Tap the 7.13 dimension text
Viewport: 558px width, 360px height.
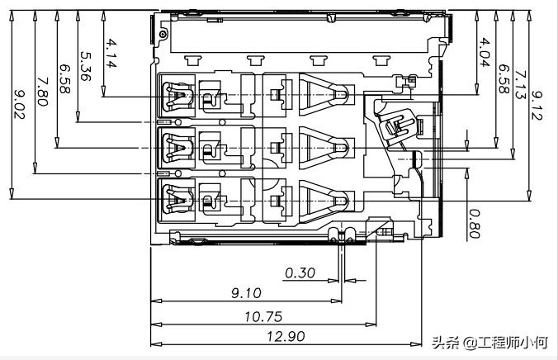point(520,85)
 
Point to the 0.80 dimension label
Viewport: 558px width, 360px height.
point(474,223)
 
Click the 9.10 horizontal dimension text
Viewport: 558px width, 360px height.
point(246,293)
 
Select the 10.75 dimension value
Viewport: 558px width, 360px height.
point(261,315)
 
